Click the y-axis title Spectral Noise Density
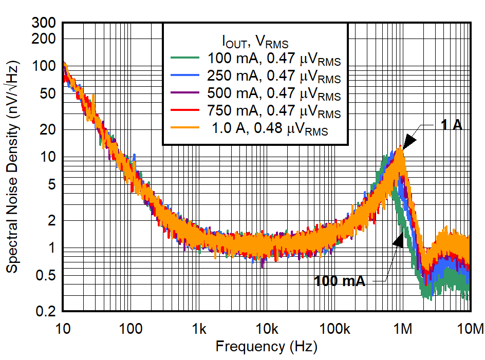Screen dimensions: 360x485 coord(12,167)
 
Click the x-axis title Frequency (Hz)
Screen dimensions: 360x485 coord(266,346)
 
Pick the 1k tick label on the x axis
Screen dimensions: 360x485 coord(199,328)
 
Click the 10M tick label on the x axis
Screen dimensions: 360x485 coord(471,328)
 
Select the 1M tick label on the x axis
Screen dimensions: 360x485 coord(403,328)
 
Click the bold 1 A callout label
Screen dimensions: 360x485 coord(452,125)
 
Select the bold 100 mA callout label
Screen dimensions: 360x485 coord(340,281)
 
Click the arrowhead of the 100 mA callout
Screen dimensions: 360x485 coord(398,241)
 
